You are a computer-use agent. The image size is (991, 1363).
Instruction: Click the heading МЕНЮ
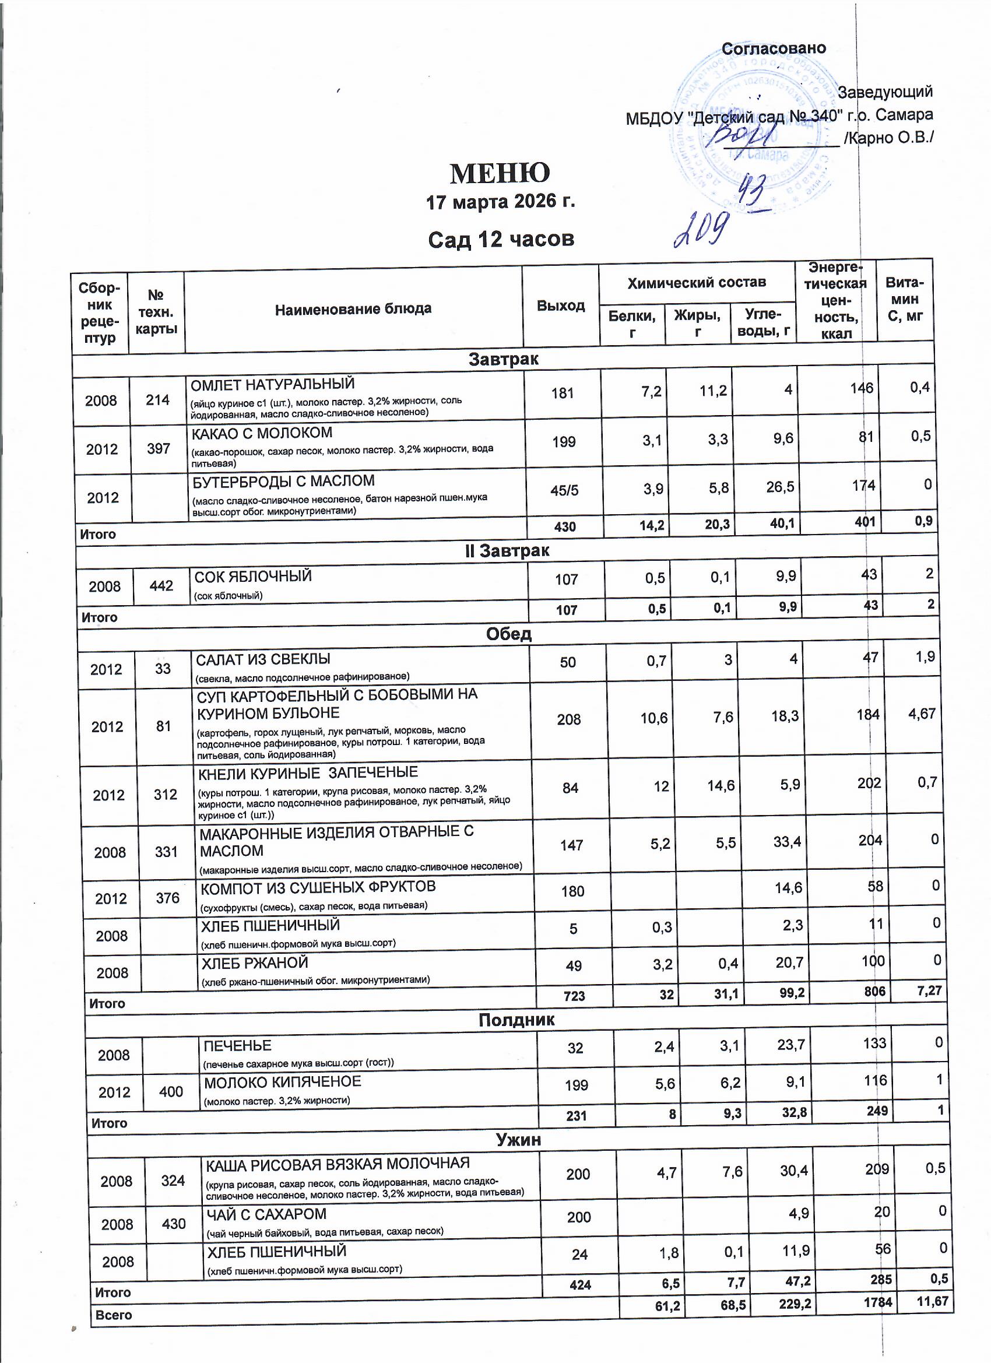[500, 173]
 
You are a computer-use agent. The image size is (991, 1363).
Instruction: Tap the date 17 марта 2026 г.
[500, 201]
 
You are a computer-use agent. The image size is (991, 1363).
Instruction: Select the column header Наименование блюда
[353, 309]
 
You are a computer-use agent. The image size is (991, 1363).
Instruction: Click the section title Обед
[508, 634]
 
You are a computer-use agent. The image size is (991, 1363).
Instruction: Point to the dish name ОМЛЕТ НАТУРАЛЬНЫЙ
[272, 384]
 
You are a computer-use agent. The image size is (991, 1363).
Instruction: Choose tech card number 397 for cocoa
[159, 448]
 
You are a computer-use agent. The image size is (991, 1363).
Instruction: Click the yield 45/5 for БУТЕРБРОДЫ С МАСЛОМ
[564, 490]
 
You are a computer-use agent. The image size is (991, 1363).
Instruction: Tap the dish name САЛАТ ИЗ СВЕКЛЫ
[263, 659]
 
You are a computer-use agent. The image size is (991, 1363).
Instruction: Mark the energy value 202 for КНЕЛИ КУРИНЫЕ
[869, 784]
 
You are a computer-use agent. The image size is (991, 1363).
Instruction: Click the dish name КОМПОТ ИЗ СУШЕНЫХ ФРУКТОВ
[318, 887]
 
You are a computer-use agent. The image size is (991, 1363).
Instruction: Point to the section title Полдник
[516, 1020]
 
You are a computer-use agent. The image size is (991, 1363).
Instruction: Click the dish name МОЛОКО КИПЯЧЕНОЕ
[283, 1082]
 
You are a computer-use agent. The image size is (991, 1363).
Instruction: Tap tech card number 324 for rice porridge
[173, 1181]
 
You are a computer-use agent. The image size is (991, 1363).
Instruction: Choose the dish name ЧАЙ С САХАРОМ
[266, 1214]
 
